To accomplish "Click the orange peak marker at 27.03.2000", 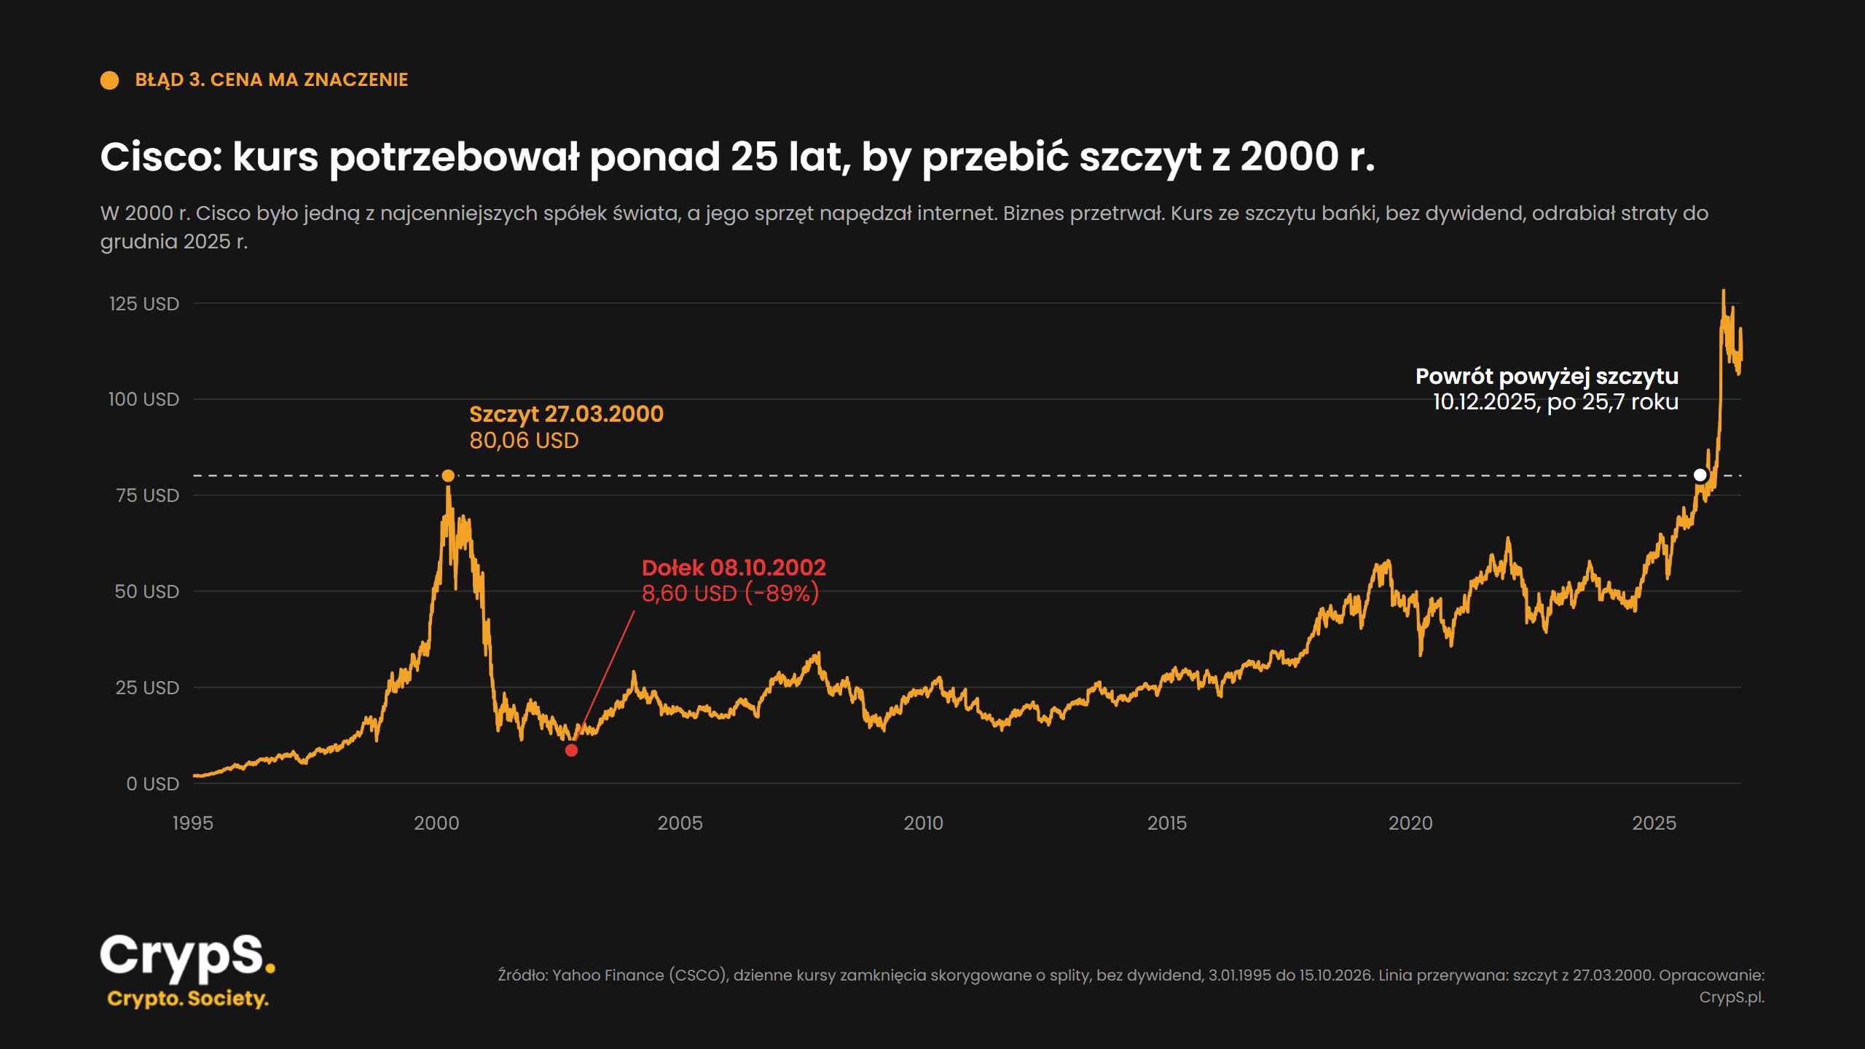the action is coord(448,476).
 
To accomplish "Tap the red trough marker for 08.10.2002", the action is coord(572,750).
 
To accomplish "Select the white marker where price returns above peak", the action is coord(1700,475).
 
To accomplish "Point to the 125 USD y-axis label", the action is coord(144,304).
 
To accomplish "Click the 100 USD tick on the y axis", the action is coord(144,399).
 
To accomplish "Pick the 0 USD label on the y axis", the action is coord(153,784).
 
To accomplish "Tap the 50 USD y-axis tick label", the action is coord(147,592).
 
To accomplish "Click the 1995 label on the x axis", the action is coord(193,823).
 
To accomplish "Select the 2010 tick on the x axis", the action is coord(924,823).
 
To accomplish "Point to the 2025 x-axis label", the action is coord(1654,823).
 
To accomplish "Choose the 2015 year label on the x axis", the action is coord(1167,823).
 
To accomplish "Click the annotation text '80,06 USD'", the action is coord(524,441).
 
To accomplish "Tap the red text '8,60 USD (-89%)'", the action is coord(731,594).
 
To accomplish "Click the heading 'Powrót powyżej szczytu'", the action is coord(1547,377).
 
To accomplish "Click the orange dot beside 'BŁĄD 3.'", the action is coord(109,80).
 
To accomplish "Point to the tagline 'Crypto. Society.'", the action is coord(188,999).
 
